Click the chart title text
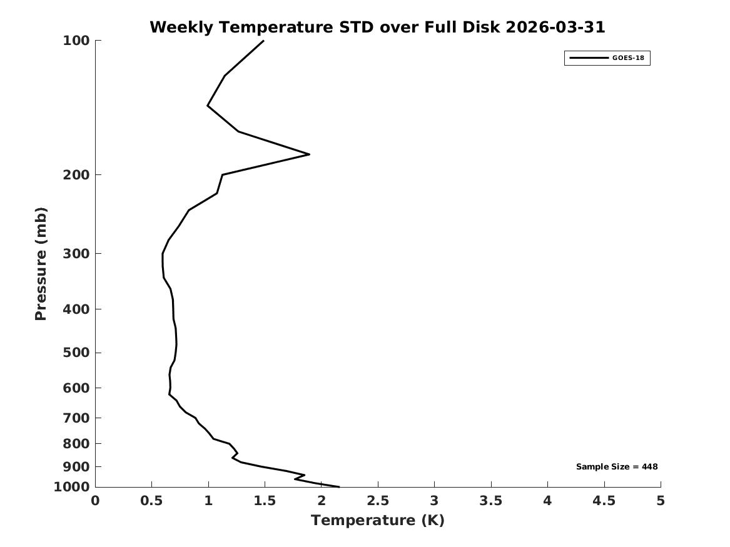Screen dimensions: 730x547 (377, 27)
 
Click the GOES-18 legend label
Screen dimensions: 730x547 (628, 58)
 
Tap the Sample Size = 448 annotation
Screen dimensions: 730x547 (617, 466)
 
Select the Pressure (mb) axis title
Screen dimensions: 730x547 (41, 264)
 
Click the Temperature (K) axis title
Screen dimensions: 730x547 (378, 520)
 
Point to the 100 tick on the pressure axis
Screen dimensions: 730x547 (76, 41)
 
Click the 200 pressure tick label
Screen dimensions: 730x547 (76, 175)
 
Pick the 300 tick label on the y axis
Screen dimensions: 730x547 (76, 254)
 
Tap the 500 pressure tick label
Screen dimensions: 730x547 (76, 353)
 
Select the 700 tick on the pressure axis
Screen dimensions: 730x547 (76, 418)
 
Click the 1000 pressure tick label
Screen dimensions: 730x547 (72, 487)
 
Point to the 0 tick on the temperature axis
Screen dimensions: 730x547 (96, 501)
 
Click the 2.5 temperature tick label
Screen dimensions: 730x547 (378, 501)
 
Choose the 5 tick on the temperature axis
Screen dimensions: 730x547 (661, 501)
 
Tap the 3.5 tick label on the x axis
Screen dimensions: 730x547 (491, 501)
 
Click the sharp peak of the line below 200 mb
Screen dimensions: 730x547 (309, 154)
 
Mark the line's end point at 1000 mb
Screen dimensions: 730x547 (340, 487)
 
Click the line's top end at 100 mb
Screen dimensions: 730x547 (263, 41)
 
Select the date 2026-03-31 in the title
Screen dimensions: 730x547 (555, 27)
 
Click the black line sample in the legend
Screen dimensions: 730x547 (589, 58)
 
